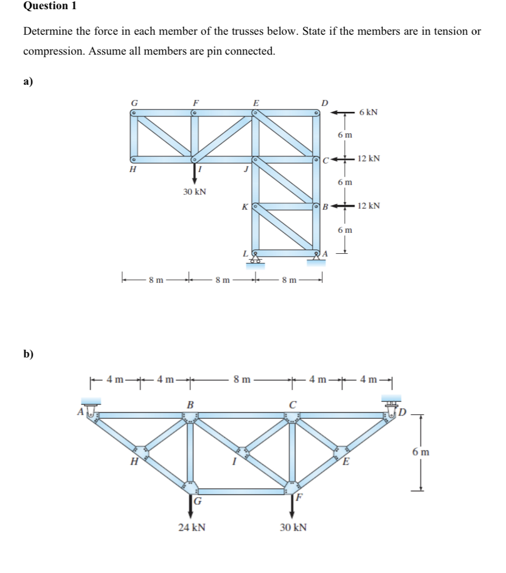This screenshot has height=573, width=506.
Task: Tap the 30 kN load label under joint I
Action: pyautogui.click(x=195, y=192)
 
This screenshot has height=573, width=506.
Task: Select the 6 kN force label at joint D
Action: pyautogui.click(x=368, y=112)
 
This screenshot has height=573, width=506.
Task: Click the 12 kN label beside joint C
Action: pyautogui.click(x=369, y=159)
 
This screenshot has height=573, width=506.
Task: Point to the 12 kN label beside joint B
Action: pyautogui.click(x=369, y=206)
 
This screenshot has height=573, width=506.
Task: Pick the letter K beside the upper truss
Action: pyautogui.click(x=245, y=207)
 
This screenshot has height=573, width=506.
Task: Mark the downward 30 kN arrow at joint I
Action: pyautogui.click(x=195, y=174)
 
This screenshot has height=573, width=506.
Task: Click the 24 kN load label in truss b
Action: pyautogui.click(x=192, y=528)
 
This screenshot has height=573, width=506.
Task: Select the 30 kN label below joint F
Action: pyautogui.click(x=294, y=528)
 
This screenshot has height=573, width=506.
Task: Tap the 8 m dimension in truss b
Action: pyautogui.click(x=242, y=379)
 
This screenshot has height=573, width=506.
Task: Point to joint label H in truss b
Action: pyautogui.click(x=134, y=462)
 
